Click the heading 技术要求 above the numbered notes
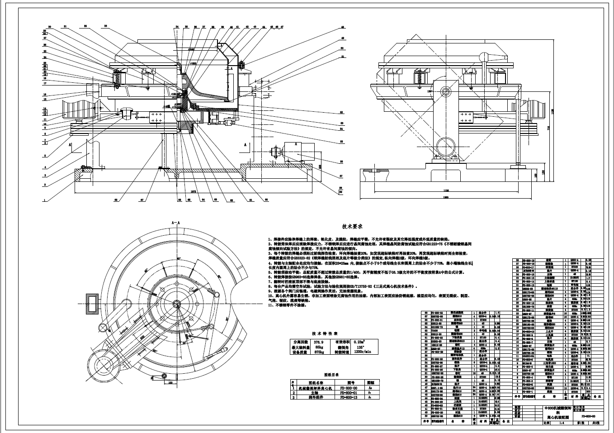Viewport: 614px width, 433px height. (x=355, y=226)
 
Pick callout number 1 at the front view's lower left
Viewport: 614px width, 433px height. (x=44, y=200)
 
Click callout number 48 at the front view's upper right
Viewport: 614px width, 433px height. (x=342, y=28)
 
